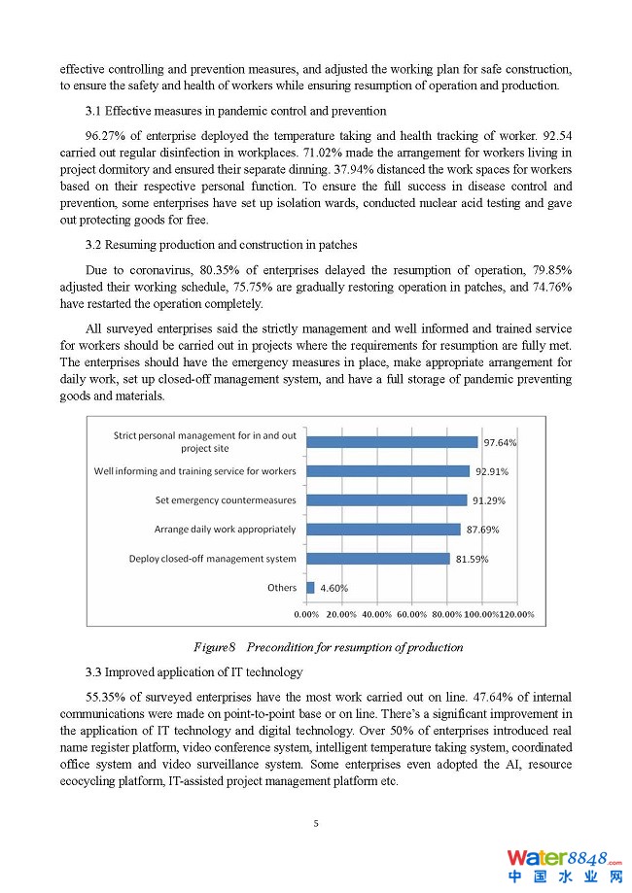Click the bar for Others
(310, 588)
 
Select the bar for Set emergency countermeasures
(386, 500)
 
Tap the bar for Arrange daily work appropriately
(383, 530)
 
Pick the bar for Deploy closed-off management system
(377, 559)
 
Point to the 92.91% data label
(491, 472)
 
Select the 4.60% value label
(334, 589)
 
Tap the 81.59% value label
(471, 560)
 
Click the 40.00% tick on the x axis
(376, 614)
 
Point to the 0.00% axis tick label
(306, 614)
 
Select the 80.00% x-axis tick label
(447, 614)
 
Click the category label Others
(282, 588)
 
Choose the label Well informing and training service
(194, 471)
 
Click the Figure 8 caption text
(328, 647)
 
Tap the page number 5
(316, 824)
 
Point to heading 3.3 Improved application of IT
(193, 671)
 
